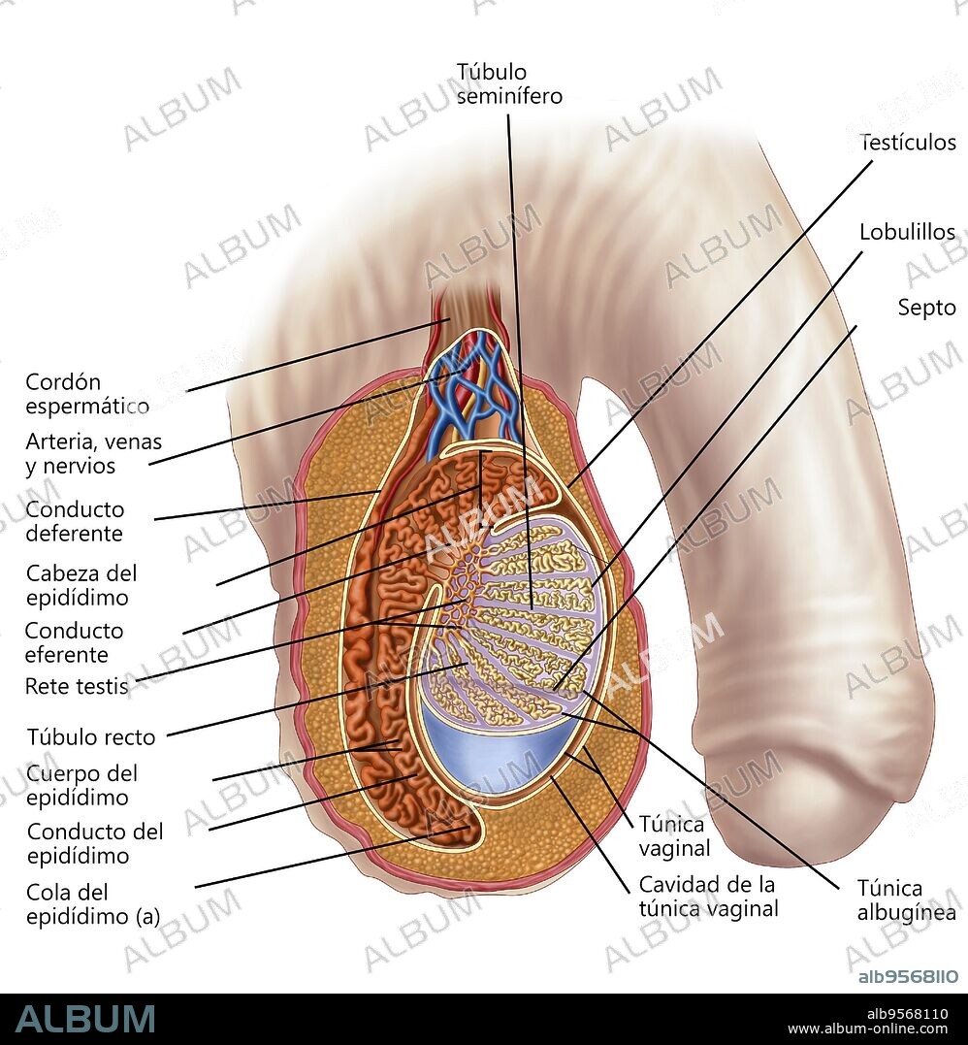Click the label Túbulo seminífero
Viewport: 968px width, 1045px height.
pos(508,84)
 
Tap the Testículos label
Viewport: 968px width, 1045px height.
pos(908,143)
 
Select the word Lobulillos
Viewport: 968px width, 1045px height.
pos(907,233)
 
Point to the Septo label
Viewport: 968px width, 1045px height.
pos(926,308)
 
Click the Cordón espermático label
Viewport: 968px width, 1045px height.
pos(87,394)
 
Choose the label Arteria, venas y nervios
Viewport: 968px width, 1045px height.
pos(93,454)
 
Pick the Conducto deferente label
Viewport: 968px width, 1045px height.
pos(75,521)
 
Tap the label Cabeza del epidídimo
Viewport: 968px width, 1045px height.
pos(81,585)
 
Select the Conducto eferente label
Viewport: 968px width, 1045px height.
pos(74,642)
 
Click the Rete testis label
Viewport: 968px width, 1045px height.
pos(76,687)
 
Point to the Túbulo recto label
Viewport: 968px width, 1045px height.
pos(90,736)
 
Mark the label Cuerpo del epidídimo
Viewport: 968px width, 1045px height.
pos(82,786)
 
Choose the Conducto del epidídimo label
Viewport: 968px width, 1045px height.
pos(95,843)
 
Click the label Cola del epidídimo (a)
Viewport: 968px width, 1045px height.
pos(93,904)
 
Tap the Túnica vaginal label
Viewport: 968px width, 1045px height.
pos(674,835)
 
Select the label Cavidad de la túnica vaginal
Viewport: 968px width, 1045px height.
pos(708,897)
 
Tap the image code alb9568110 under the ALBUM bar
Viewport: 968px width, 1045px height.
pos(903,1014)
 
